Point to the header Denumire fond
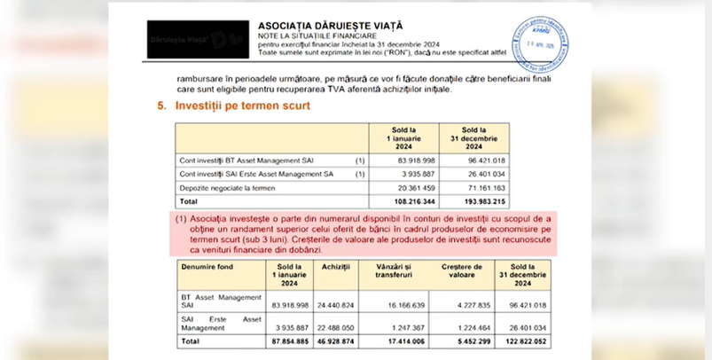[207, 266]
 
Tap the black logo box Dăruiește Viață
[192, 39]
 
